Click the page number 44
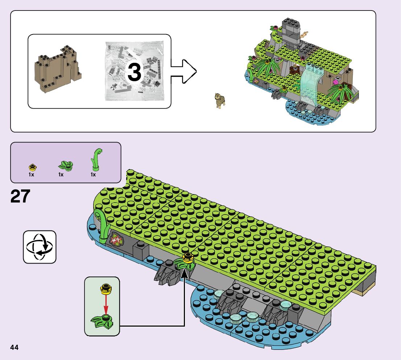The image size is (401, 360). coord(15,347)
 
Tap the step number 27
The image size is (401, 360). coord(20,196)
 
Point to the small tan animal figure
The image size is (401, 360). coord(220,101)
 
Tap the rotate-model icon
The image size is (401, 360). coord(40,247)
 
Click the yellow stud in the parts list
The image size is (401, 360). coord(32,167)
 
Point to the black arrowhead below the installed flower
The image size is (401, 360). coord(184,273)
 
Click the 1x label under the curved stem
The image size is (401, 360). coord(93,175)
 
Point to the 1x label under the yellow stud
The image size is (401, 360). coord(32,175)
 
